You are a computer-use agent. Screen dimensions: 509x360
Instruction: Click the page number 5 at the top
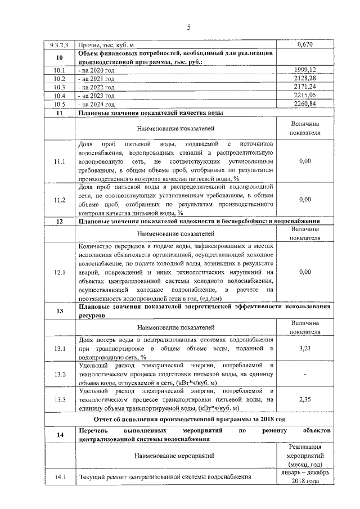188,27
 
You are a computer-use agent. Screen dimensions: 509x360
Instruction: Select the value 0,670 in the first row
304,44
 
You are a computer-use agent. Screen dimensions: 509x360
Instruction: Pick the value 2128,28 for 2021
304,78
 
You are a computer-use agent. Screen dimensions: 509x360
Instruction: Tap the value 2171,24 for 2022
304,87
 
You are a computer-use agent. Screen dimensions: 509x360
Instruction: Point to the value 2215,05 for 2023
304,96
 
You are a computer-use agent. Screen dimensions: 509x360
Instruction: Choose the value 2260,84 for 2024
304,104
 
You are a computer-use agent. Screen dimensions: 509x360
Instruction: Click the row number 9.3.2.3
60,44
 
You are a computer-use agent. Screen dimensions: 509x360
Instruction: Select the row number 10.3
60,87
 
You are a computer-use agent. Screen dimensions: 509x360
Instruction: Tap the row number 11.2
60,200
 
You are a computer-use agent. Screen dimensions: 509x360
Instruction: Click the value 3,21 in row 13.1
305,349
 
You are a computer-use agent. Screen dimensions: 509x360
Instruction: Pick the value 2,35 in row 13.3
305,400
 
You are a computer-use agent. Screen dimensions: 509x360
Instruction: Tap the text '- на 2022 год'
97,87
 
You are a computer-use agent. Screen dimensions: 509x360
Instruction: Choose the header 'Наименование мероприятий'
175,456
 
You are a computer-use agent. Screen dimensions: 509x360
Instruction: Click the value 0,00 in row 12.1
305,272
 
